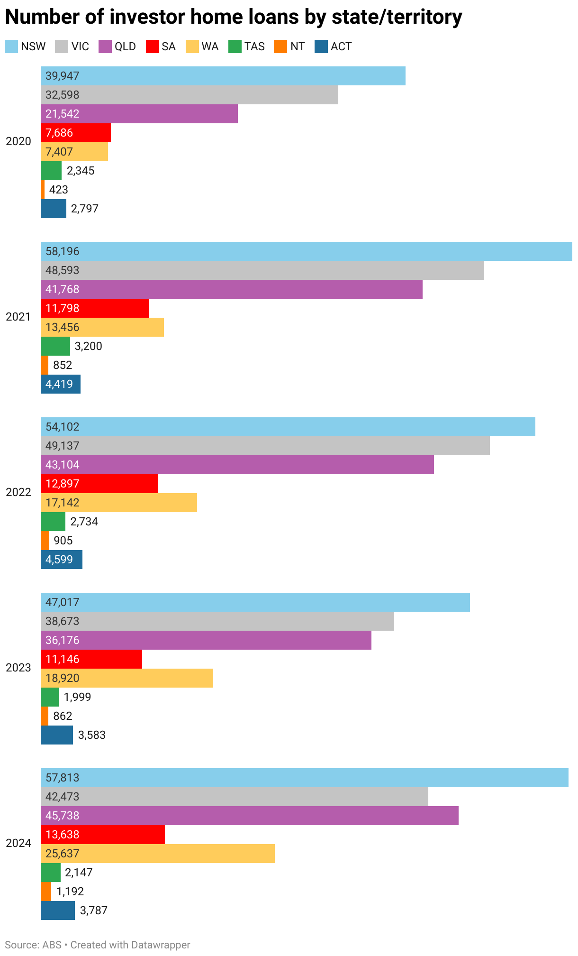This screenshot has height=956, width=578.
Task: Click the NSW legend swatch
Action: [11, 46]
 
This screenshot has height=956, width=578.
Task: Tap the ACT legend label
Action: [341, 46]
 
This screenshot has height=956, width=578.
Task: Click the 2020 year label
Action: [18, 141]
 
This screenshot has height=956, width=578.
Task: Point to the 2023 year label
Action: [18, 668]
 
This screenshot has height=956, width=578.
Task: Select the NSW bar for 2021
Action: [306, 251]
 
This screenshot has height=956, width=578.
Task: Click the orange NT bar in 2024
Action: [46, 892]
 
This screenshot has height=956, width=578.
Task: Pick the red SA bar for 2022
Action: [99, 484]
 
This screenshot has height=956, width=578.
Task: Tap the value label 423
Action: [59, 190]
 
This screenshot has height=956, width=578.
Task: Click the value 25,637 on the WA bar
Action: [62, 854]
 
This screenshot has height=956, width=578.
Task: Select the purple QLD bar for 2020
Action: [139, 114]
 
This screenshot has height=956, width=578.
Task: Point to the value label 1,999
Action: [77, 697]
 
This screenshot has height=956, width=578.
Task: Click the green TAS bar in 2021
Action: [55, 346]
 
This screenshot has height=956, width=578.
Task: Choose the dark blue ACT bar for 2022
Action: [62, 560]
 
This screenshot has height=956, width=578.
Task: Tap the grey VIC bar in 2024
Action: [235, 797]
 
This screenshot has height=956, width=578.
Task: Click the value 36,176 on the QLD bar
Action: [62, 640]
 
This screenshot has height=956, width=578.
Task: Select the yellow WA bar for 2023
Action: [127, 678]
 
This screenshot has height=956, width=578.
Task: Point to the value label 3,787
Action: [94, 910]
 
